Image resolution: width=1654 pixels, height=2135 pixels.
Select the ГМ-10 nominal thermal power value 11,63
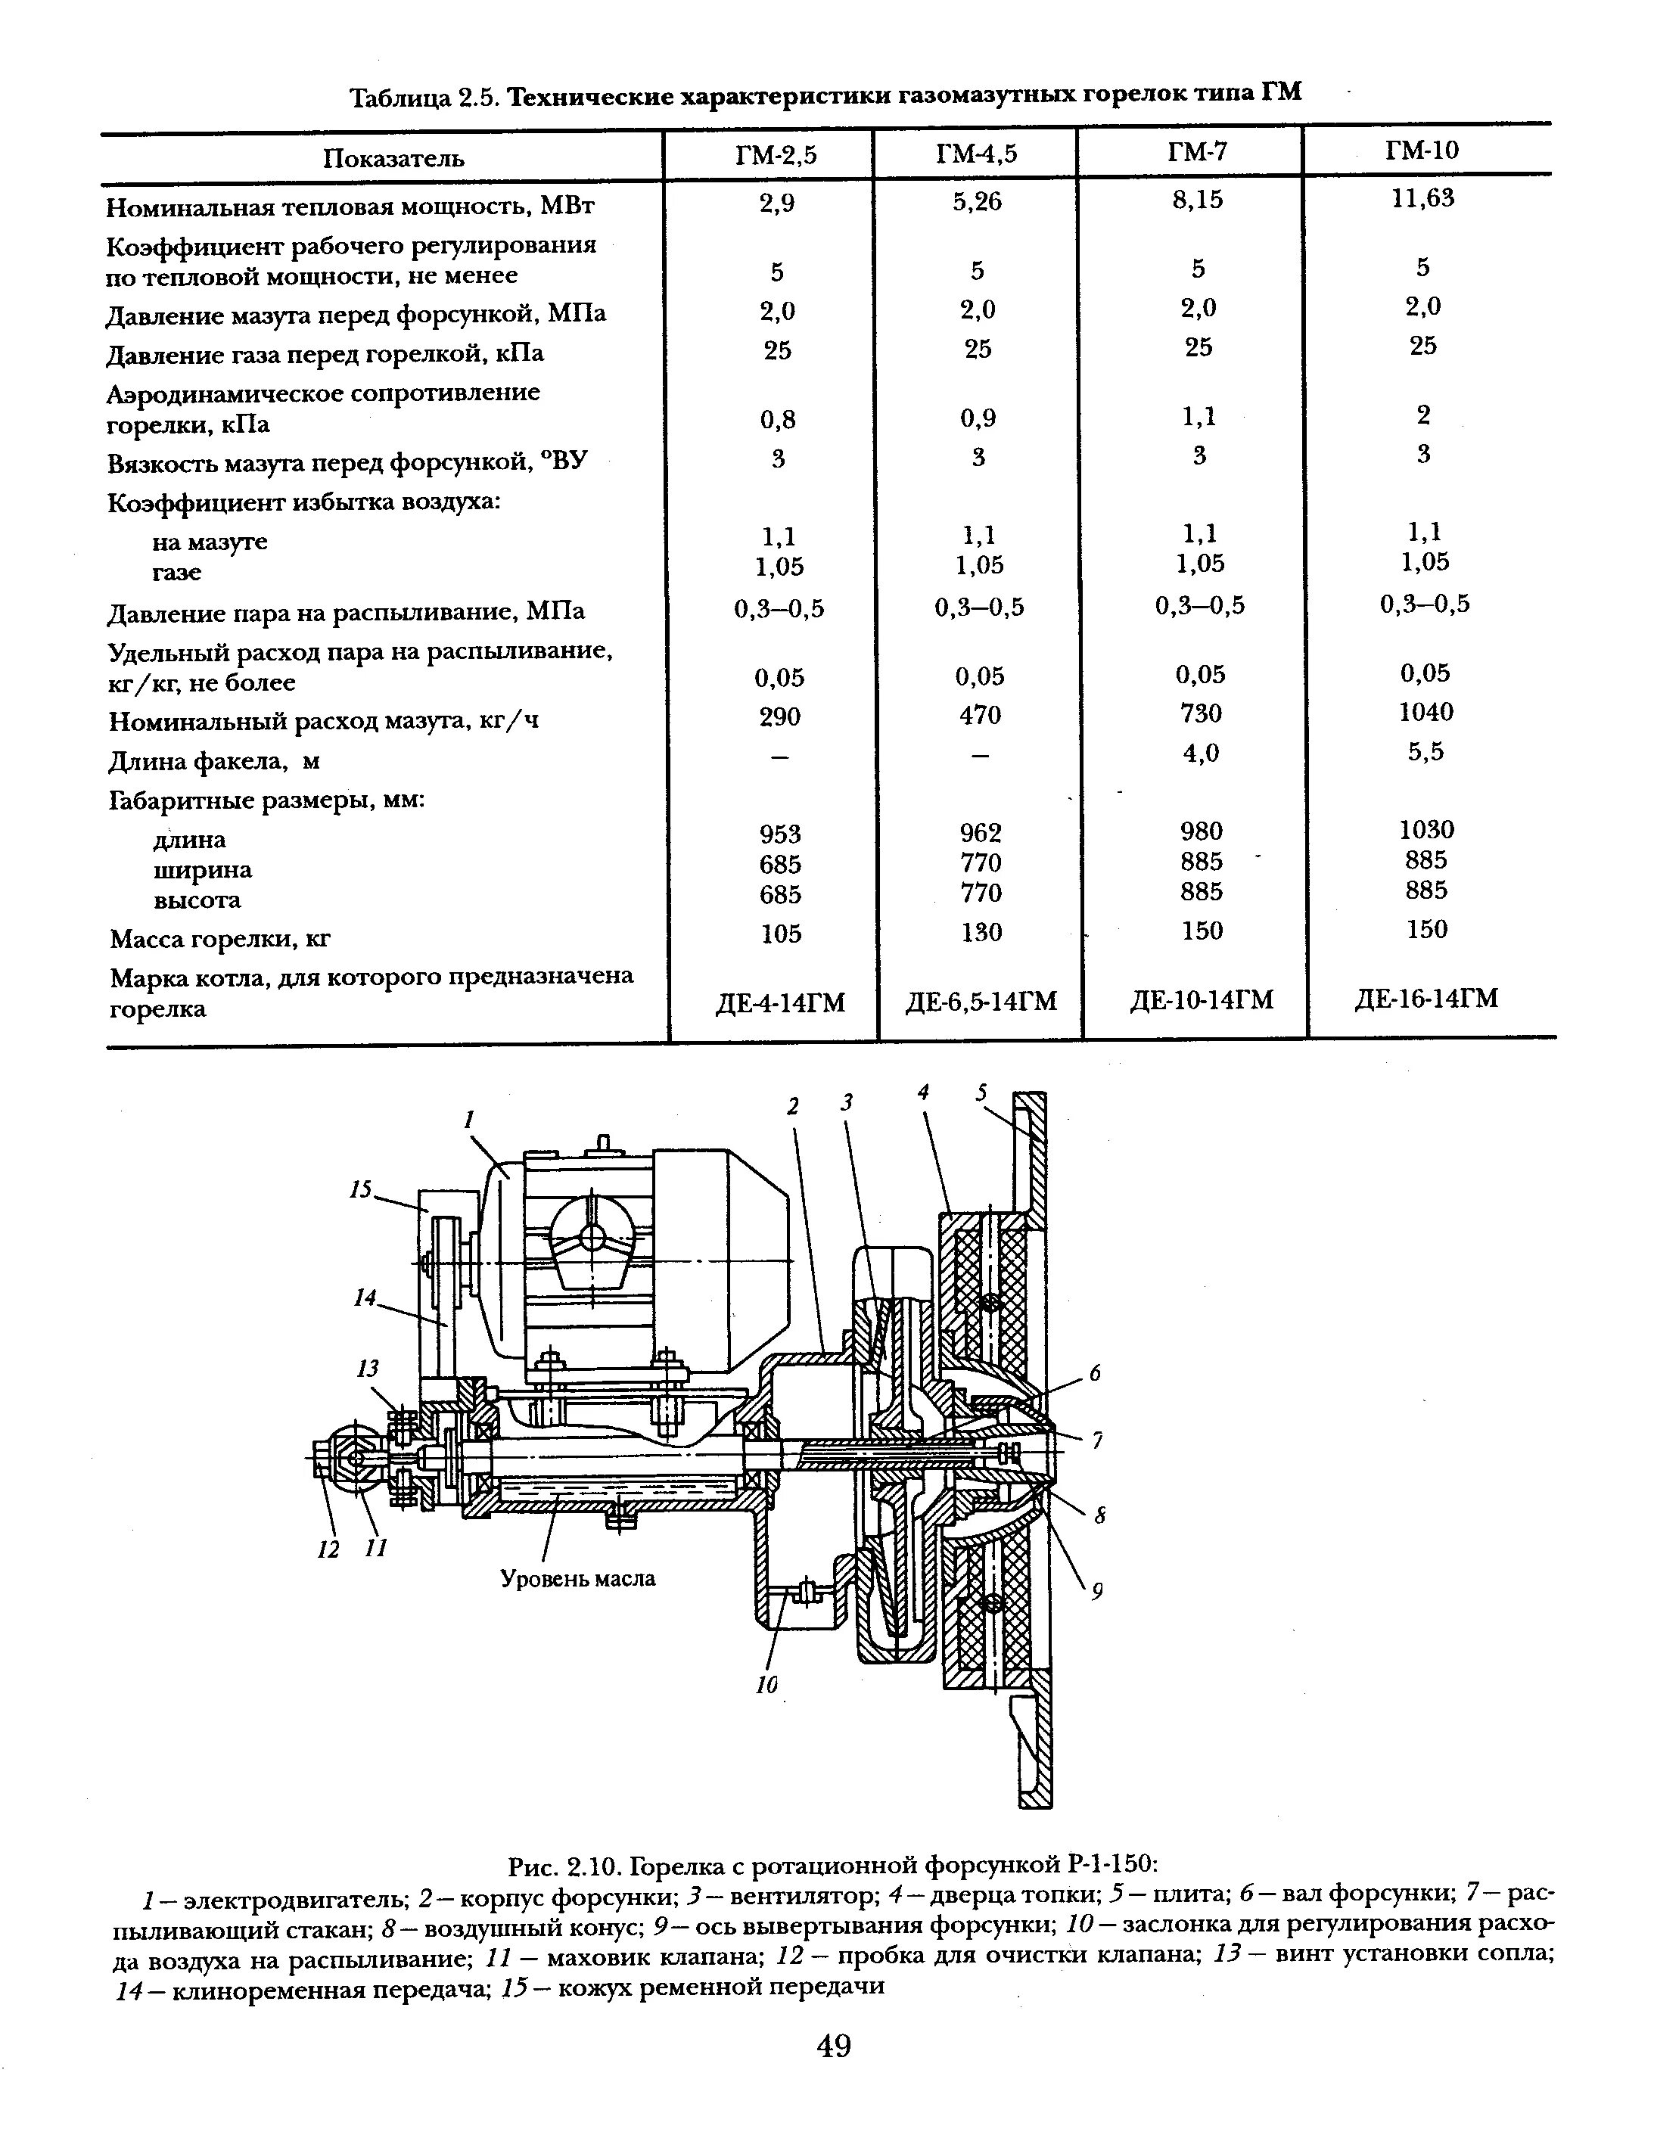click(x=1423, y=198)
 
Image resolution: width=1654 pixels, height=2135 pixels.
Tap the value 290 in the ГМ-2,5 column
click(x=779, y=716)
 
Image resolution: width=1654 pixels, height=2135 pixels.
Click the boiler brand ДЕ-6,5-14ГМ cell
click(x=981, y=1001)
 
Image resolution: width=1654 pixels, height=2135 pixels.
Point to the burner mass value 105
click(x=780, y=934)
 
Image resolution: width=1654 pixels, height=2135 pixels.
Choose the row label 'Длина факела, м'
click(x=214, y=760)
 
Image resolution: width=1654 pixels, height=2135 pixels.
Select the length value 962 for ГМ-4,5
click(x=980, y=833)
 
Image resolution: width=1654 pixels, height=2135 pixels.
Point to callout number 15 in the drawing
click(x=361, y=1190)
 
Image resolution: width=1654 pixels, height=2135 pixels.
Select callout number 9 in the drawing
click(x=1098, y=1592)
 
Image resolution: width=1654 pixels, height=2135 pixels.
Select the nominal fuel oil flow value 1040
click(x=1425, y=712)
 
